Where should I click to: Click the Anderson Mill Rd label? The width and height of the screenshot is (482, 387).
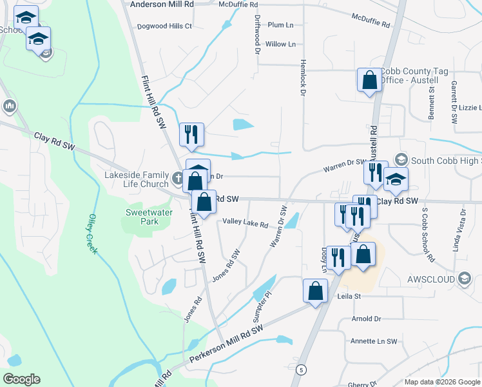pyautogui.click(x=162, y=4)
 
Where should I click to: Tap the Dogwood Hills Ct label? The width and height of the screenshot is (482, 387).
pyautogui.click(x=165, y=26)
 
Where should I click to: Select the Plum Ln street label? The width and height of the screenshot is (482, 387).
pyautogui.click(x=280, y=25)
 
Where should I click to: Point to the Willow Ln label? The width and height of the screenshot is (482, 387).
pyautogui.click(x=280, y=45)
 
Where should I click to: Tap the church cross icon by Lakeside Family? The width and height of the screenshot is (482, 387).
pyautogui.click(x=180, y=175)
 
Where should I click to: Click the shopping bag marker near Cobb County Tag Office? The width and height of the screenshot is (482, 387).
pyautogui.click(x=370, y=81)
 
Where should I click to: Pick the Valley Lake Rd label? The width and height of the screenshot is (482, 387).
pyautogui.click(x=245, y=224)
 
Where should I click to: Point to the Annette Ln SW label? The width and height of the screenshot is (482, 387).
pyautogui.click(x=374, y=341)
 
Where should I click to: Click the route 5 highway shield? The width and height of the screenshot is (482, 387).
pyautogui.click(x=302, y=369)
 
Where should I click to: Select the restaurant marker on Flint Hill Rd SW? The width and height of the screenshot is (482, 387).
pyautogui.click(x=192, y=134)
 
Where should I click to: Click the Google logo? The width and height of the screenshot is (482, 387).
pyautogui.click(x=21, y=379)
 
